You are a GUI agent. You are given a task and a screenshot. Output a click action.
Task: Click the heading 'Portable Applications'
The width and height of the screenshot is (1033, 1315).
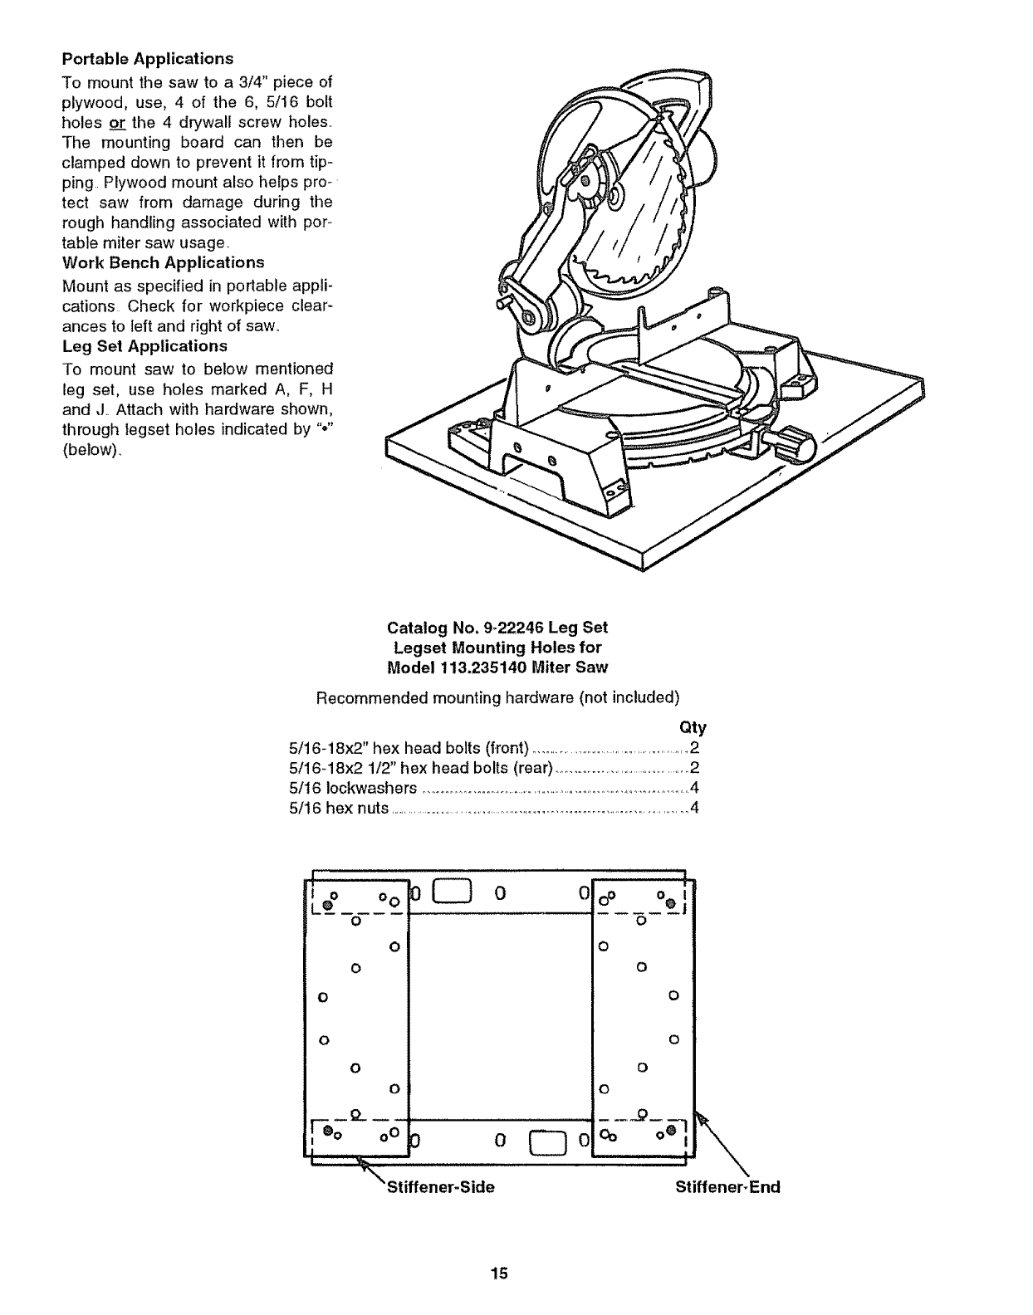tap(148, 59)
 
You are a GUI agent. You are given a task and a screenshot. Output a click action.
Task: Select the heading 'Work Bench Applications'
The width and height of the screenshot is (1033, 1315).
tap(163, 262)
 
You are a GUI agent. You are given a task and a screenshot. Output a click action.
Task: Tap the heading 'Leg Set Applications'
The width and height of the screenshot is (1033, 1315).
tap(144, 345)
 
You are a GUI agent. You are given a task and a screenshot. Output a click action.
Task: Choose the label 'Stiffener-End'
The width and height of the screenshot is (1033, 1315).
tap(727, 1187)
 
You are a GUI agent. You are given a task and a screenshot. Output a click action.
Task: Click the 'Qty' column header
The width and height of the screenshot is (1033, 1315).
tap(693, 728)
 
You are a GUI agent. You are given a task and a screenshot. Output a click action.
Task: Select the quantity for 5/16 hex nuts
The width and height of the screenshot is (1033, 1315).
tap(693, 807)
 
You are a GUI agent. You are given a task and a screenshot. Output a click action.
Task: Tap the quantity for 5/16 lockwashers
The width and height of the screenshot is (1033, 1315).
tap(693, 787)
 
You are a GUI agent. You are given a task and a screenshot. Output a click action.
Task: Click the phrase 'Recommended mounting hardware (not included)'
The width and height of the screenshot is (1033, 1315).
tap(498, 697)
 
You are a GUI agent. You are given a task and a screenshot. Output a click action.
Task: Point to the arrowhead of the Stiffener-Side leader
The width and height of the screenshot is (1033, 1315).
tap(363, 1162)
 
